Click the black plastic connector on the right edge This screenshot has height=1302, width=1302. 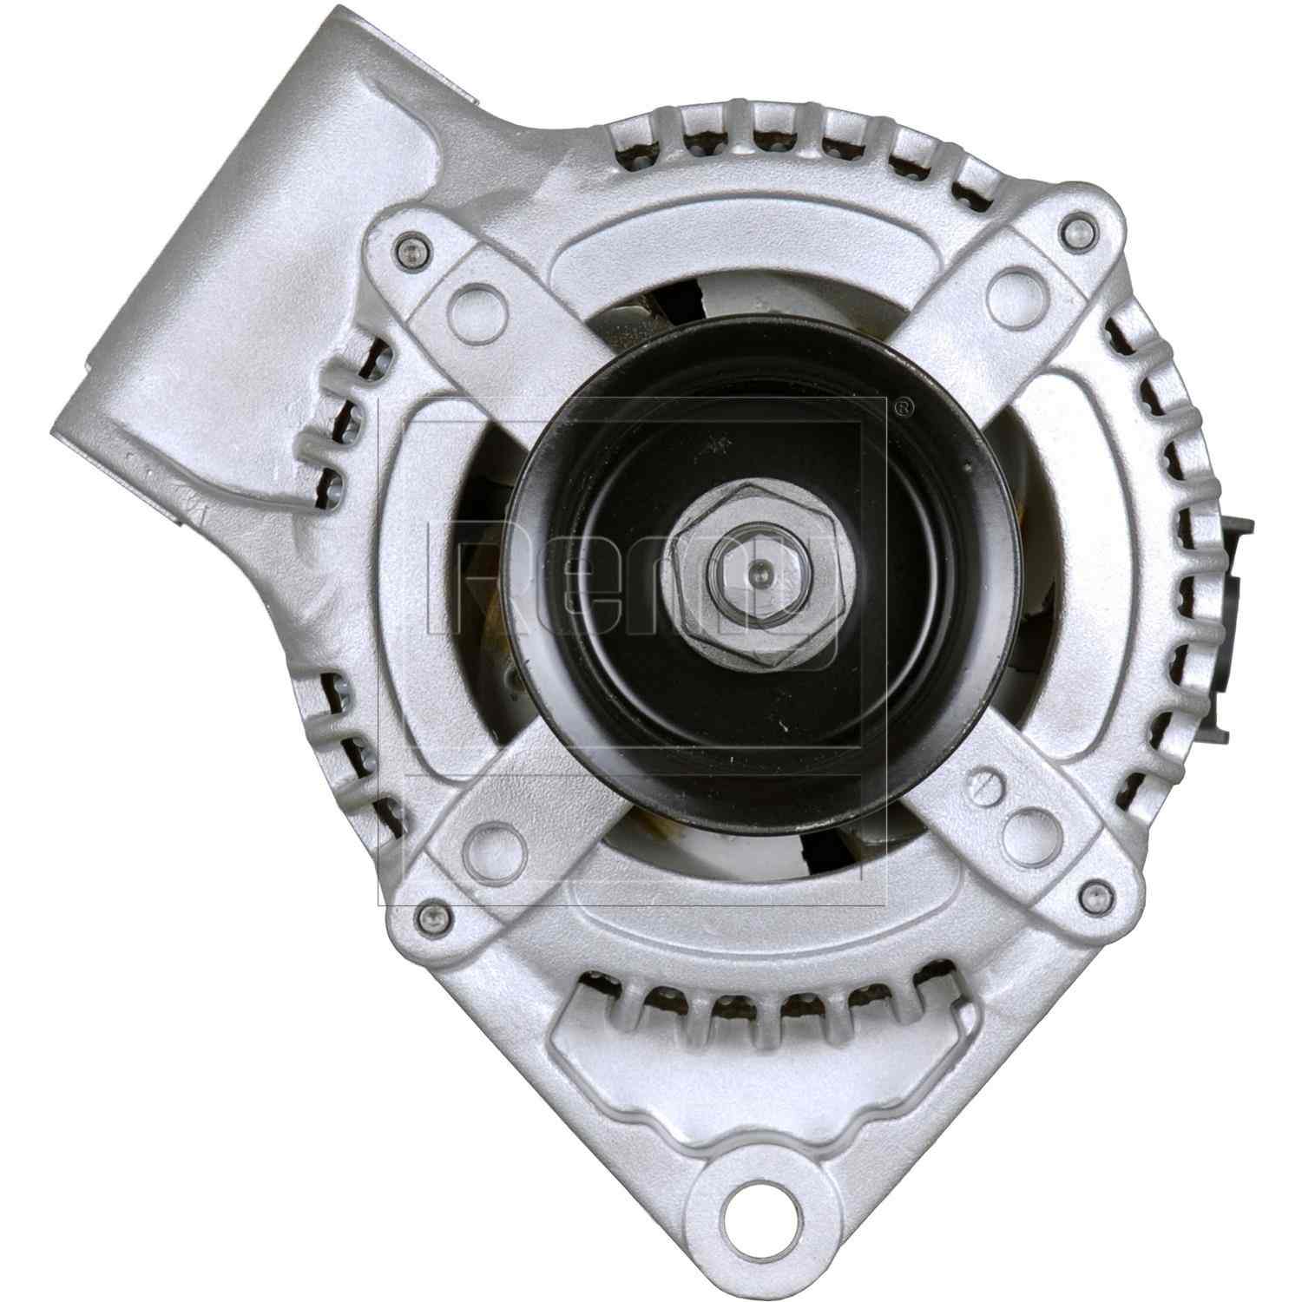click(x=1239, y=573)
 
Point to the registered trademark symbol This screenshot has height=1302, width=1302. click(x=902, y=406)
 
